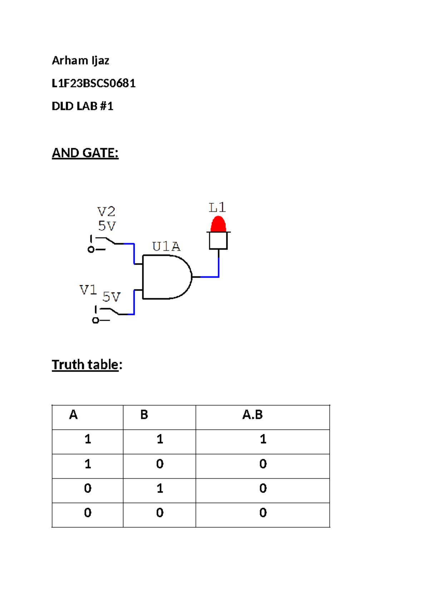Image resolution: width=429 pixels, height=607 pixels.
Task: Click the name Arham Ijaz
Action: click(80, 60)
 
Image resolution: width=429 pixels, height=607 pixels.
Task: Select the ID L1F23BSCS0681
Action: click(93, 83)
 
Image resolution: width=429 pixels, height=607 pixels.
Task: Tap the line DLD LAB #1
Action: click(82, 106)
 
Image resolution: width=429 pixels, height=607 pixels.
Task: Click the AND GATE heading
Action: click(85, 153)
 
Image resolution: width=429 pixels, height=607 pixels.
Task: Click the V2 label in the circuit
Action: click(106, 212)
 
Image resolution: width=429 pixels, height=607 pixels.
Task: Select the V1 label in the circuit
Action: click(88, 290)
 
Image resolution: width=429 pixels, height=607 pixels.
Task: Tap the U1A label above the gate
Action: click(166, 247)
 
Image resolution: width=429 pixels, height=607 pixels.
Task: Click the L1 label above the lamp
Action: click(217, 208)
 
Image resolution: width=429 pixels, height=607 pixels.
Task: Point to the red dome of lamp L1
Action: click(218, 225)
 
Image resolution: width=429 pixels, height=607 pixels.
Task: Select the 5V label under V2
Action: click(107, 226)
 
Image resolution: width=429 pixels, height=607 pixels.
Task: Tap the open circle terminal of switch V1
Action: click(95, 320)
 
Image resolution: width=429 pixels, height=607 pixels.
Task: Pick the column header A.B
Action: click(252, 415)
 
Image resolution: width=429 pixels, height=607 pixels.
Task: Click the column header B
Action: click(144, 415)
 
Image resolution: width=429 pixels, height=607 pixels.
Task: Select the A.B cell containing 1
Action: click(263, 439)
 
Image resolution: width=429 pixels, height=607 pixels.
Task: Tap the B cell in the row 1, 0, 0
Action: click(160, 464)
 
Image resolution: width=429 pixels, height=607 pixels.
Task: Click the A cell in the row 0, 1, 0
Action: click(88, 488)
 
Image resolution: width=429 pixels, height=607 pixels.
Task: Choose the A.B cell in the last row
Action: click(263, 513)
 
